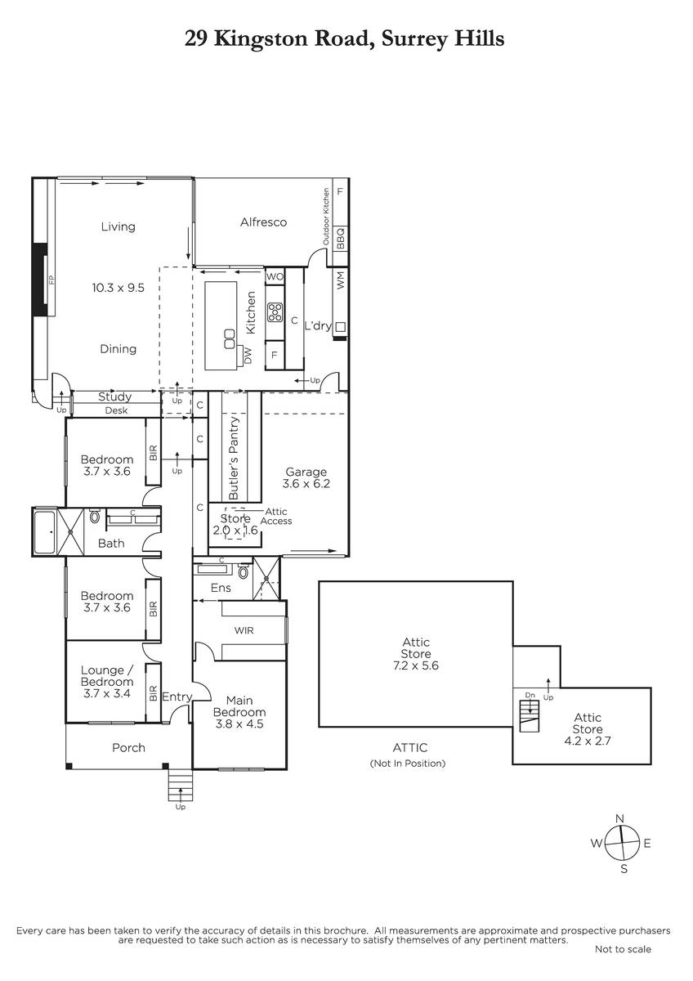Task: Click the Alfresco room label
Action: coord(263,222)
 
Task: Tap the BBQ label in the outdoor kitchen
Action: coord(341,238)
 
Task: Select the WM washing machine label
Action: coord(341,280)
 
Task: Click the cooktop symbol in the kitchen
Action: coord(275,312)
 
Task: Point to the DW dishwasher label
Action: coord(248,356)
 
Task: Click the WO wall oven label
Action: coord(275,276)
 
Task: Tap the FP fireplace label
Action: coord(51,280)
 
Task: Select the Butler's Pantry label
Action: coord(234,458)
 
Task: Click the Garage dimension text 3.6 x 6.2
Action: coord(306,483)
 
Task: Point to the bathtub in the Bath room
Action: coord(45,531)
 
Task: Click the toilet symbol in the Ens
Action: coord(244,571)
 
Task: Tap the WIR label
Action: coord(244,630)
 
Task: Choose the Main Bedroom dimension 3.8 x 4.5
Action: coord(239,723)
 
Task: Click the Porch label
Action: coord(128,747)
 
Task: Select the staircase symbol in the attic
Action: coord(530,715)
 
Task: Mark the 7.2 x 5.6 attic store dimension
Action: coord(415,665)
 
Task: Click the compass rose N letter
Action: coord(619,818)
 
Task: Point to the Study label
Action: coord(114,397)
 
